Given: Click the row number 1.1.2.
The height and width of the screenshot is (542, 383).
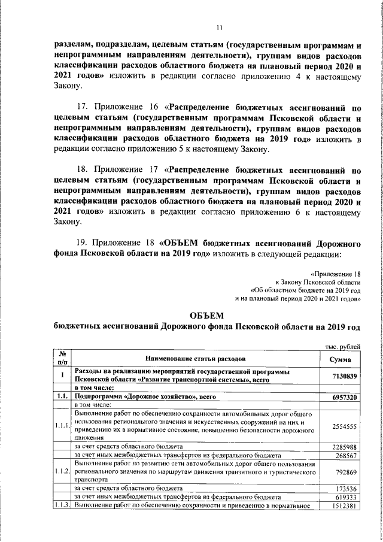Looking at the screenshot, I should (x=62, y=472).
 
